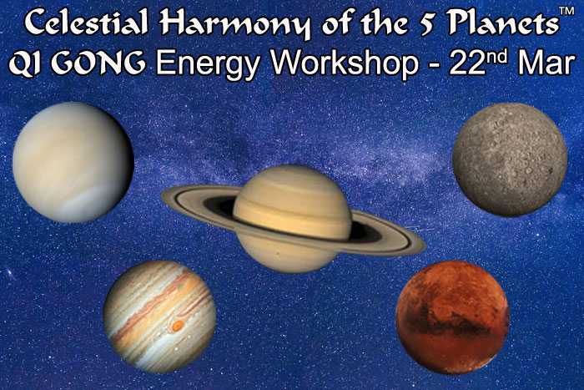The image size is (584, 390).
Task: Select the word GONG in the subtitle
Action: click(91, 63)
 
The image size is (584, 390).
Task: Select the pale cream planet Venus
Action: click(73, 162)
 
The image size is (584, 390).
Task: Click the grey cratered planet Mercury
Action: click(510, 160)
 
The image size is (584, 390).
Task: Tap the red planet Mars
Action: click(452, 317)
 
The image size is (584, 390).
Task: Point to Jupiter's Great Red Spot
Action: click(178, 326)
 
